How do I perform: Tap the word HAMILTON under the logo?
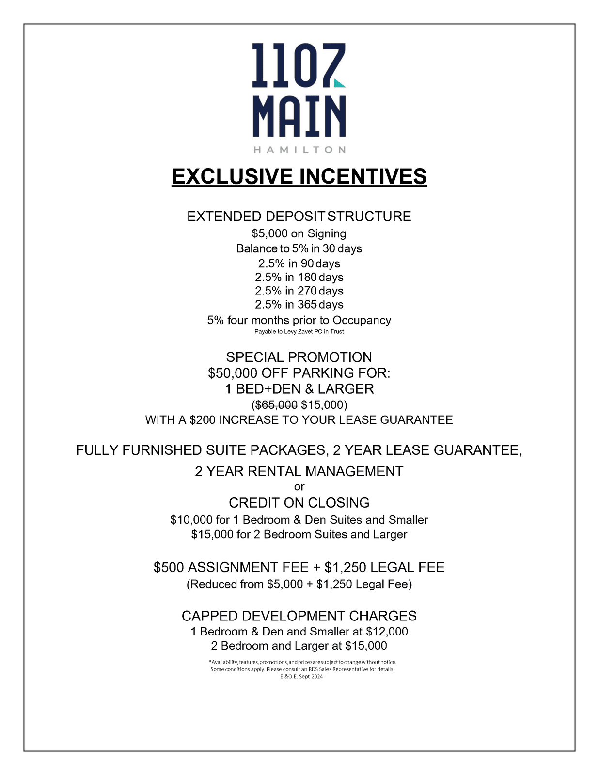[299, 150]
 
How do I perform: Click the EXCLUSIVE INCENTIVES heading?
[299, 176]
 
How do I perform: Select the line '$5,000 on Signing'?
[299, 233]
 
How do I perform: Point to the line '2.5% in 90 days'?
[299, 263]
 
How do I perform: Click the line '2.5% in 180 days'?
[299, 277]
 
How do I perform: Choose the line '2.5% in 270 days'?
[299, 291]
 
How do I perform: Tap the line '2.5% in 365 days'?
[299, 304]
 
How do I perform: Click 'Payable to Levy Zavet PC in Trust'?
[299, 332]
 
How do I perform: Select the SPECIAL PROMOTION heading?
[299, 357]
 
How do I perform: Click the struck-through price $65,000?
[276, 404]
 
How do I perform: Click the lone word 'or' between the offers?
[299, 487]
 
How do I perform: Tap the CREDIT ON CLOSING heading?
[299, 503]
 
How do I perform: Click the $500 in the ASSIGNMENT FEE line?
[169, 567]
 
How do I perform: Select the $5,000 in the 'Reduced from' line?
[284, 584]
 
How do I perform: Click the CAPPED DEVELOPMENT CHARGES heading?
[299, 616]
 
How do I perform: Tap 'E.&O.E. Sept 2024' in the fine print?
[301, 676]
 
